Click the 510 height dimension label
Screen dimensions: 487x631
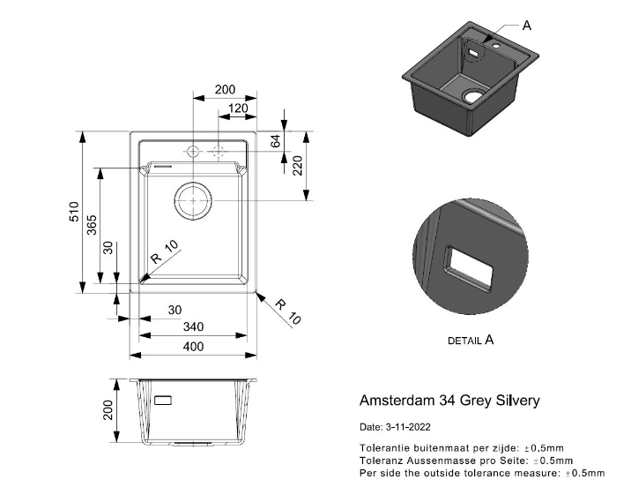[x=75, y=212]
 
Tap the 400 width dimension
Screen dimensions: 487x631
[x=193, y=347]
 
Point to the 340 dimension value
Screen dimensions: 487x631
[x=193, y=327]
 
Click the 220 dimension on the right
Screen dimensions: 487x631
[x=298, y=165]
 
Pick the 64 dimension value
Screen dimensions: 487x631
[x=275, y=141]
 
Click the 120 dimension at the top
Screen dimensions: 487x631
[x=236, y=109]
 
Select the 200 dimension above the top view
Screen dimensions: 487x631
[x=225, y=90]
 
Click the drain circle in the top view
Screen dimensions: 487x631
[x=192, y=201]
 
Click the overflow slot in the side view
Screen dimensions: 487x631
[x=165, y=400]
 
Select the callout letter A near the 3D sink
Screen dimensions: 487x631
[x=527, y=26]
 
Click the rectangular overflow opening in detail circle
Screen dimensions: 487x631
[x=467, y=268]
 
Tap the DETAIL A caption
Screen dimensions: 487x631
[x=471, y=339]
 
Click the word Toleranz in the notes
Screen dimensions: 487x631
[x=382, y=461]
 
